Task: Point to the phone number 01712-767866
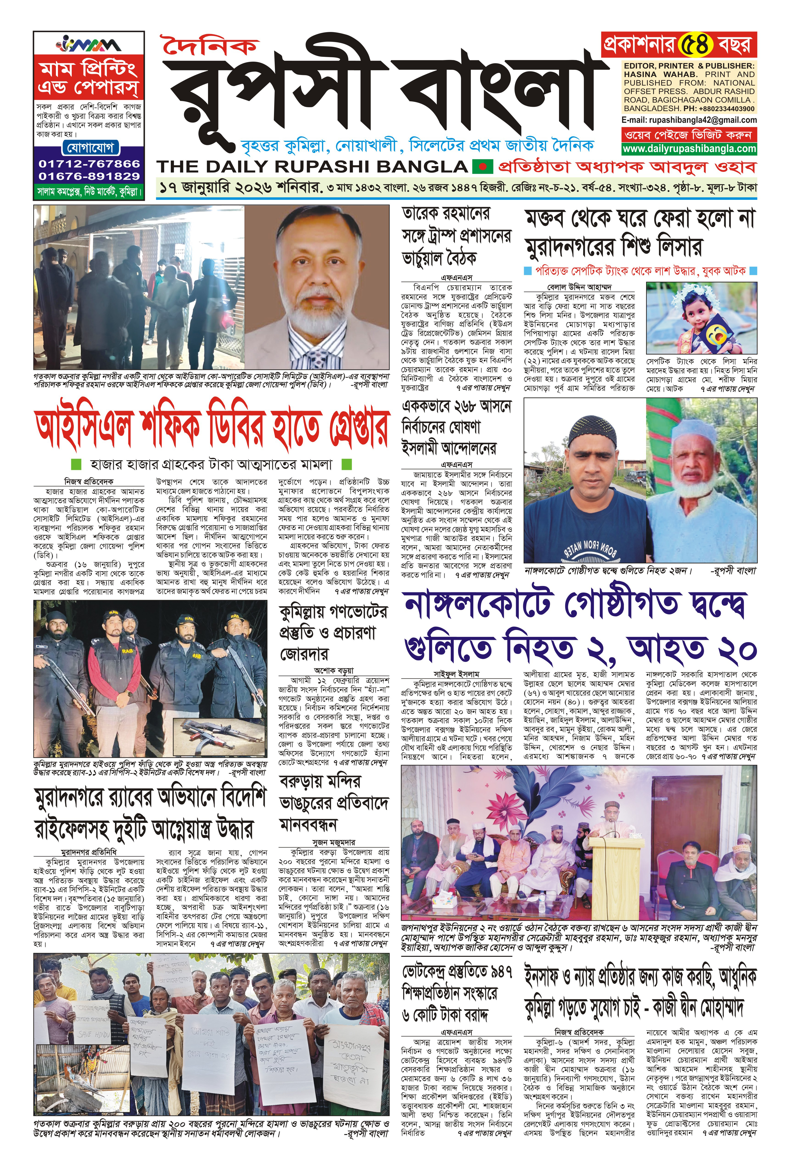[89, 164]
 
